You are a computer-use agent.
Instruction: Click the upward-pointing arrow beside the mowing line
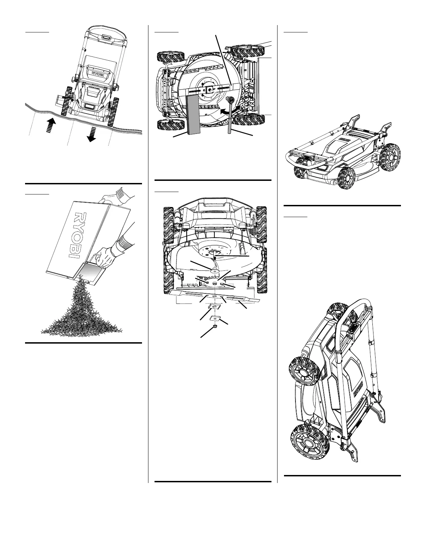click(x=51, y=124)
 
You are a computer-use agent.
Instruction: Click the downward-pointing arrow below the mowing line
click(x=92, y=135)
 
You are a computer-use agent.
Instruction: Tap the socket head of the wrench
click(x=230, y=100)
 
